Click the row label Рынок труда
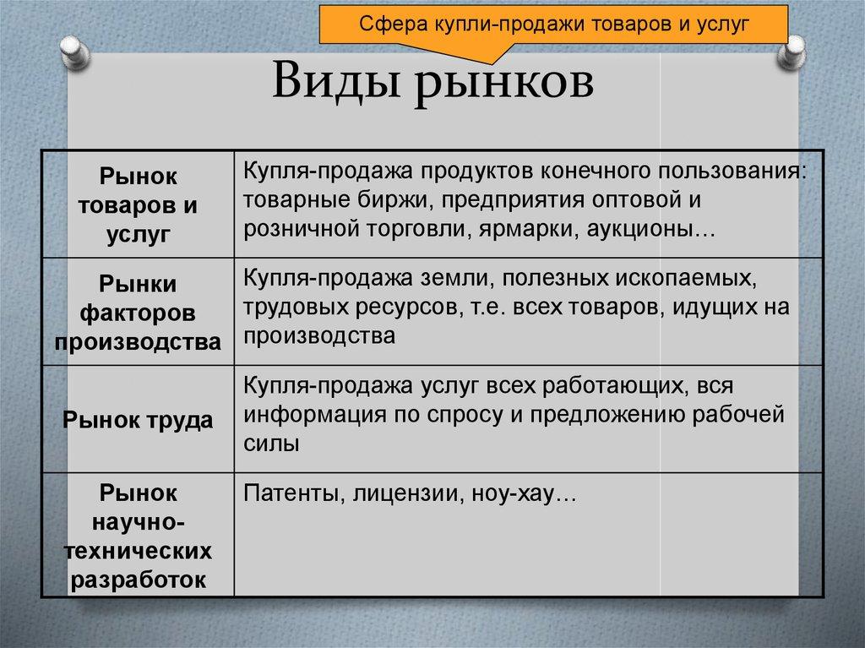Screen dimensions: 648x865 click(139, 420)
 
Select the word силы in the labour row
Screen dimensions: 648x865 click(271, 444)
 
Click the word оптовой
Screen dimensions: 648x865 click(637, 201)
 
